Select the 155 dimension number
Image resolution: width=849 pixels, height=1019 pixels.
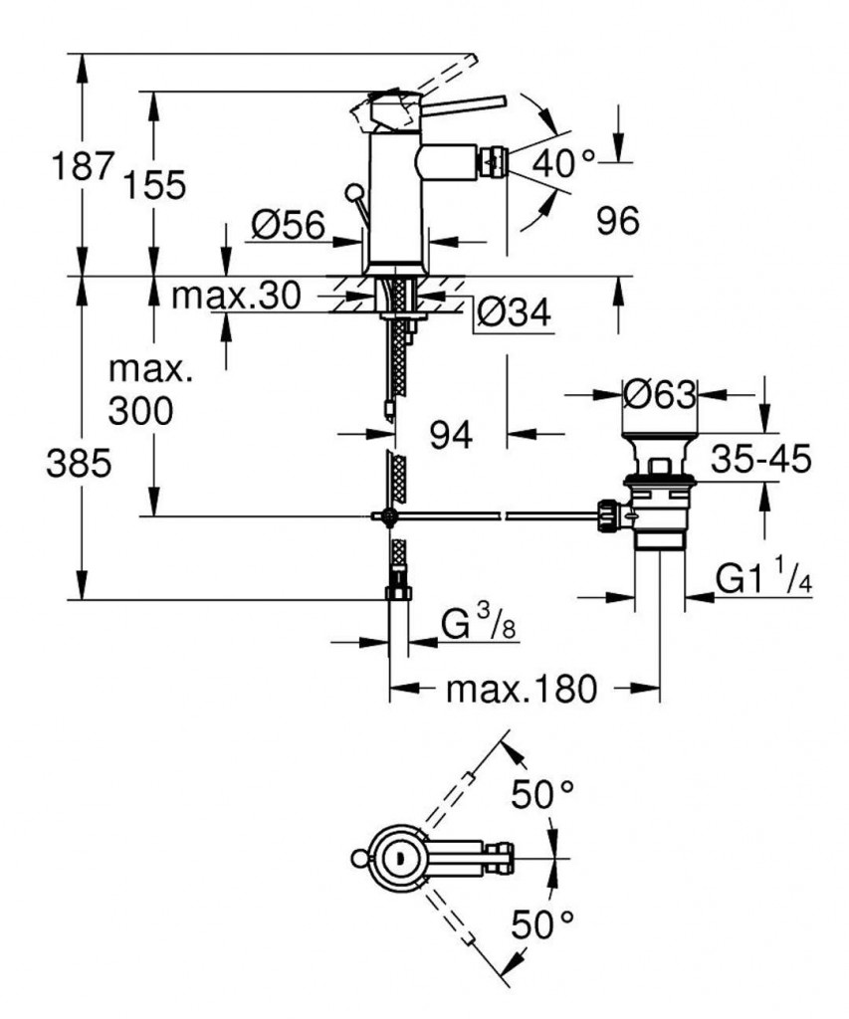coord(155,185)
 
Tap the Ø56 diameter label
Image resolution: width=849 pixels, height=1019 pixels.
coord(289,226)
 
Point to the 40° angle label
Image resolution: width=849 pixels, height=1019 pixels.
coord(562,161)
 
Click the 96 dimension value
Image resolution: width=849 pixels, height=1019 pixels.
coord(617,221)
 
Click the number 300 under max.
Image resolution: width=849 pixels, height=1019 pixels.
coord(140,410)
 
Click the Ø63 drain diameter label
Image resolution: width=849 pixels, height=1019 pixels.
coord(659,395)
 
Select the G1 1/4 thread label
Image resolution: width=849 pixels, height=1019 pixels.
coord(762,579)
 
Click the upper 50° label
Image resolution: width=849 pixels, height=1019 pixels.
coord(542,794)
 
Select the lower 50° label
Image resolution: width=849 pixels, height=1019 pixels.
coord(542,925)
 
